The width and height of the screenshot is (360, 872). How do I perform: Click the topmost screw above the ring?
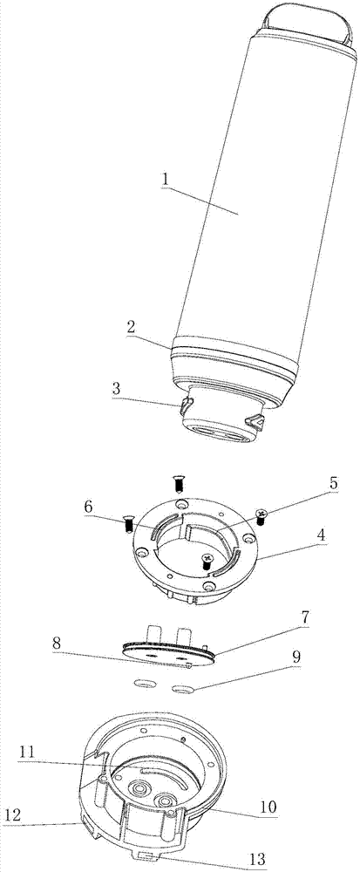179,484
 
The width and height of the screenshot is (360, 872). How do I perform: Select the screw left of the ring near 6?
128,523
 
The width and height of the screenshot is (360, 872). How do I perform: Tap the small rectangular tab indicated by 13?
148,856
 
